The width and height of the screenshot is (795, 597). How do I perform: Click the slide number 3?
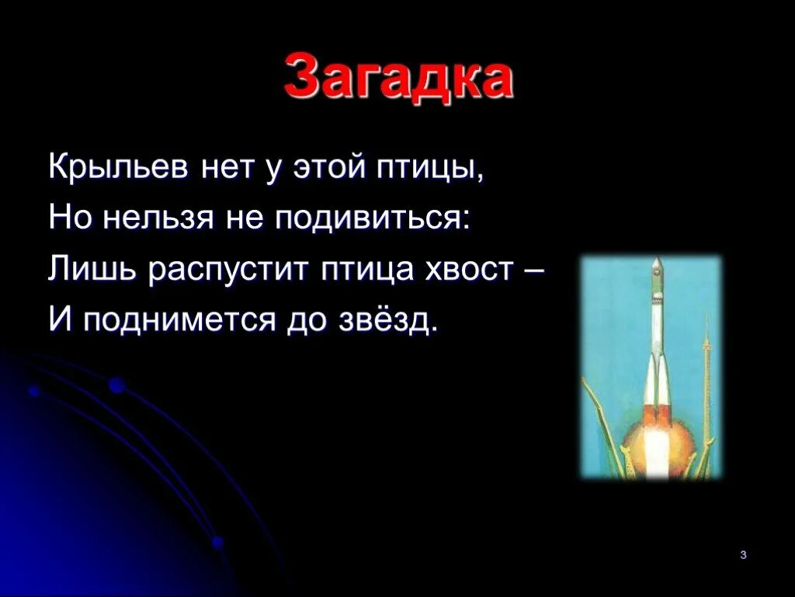(743, 555)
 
